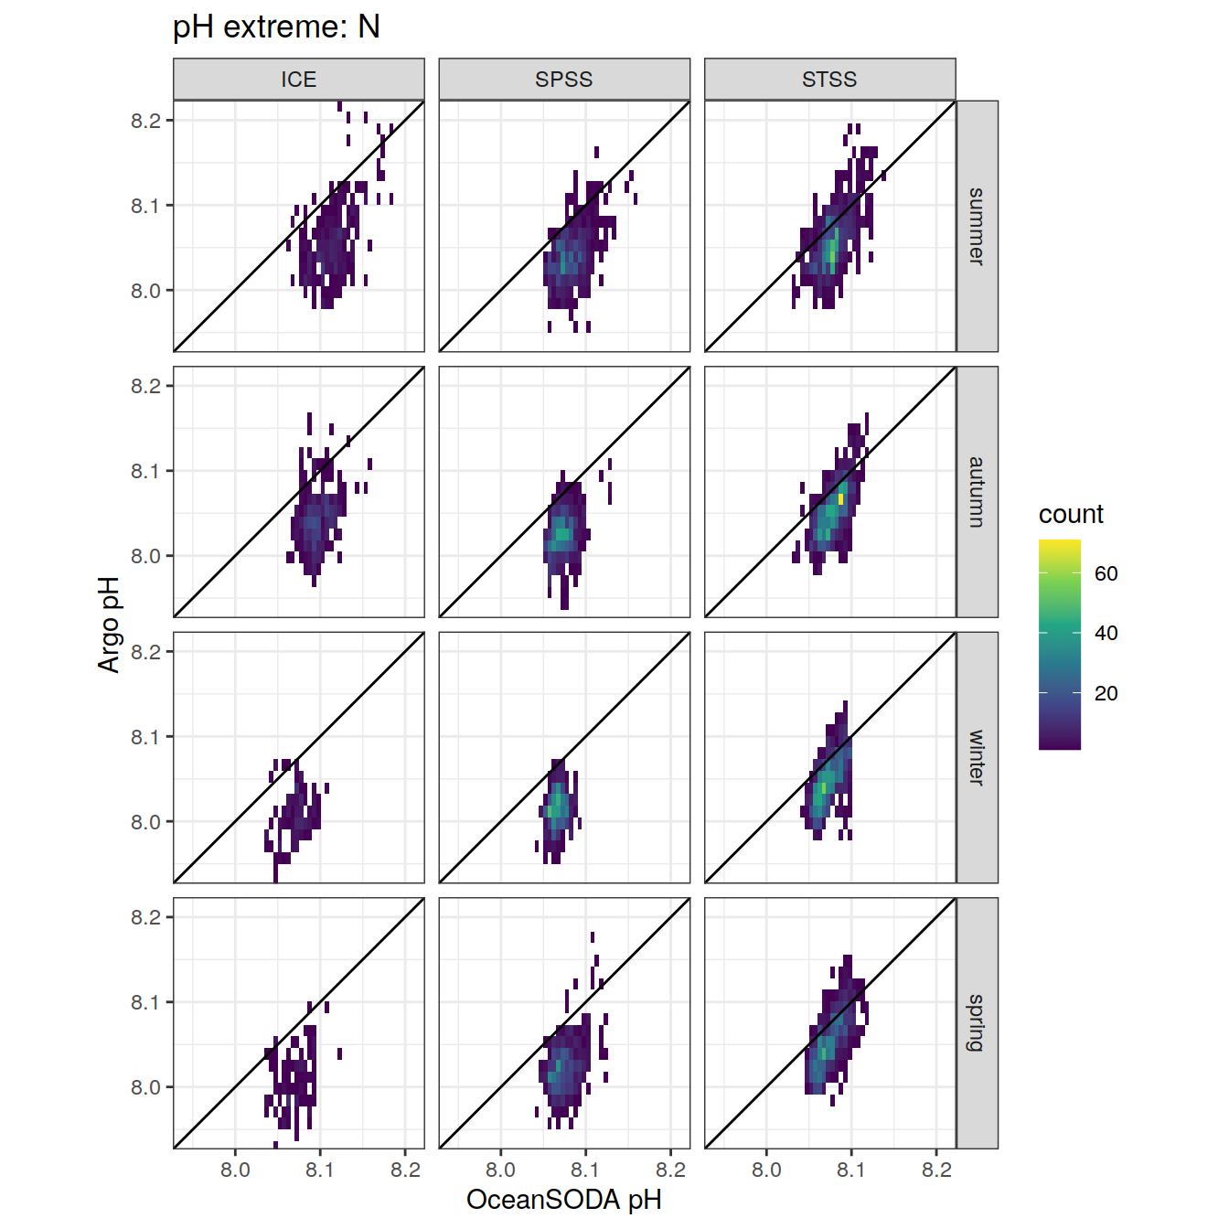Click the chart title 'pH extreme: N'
(276, 27)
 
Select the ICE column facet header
(299, 80)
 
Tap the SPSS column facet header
(564, 80)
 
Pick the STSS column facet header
(829, 80)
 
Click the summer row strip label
(977, 226)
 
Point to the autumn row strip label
(977, 492)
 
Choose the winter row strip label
(977, 757)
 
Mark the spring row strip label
(977, 1022)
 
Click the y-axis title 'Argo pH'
(110, 625)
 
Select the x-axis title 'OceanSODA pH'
(564, 1200)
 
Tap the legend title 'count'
(1071, 514)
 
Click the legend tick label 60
(1106, 573)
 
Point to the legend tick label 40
(1106, 633)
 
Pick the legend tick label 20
(1106, 693)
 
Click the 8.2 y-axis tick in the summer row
(145, 121)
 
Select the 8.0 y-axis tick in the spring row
(145, 1087)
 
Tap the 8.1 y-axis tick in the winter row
(145, 737)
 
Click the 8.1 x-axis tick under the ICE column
(320, 1170)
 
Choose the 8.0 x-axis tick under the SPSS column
(500, 1170)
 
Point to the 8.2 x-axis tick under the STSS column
(936, 1170)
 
